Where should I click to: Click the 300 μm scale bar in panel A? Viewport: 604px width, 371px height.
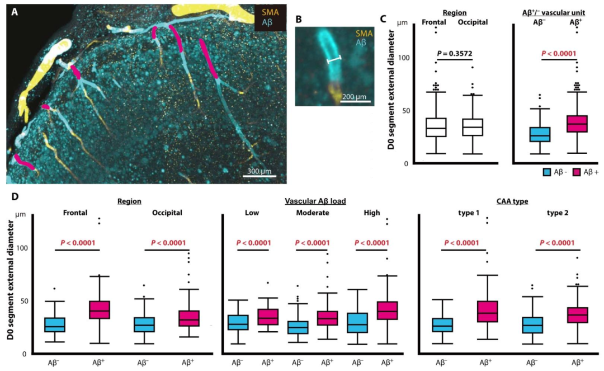click(259, 176)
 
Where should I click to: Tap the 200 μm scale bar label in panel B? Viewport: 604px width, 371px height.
click(354, 96)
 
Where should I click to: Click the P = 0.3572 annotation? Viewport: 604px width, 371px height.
click(455, 54)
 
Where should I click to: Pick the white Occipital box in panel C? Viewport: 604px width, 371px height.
click(473, 127)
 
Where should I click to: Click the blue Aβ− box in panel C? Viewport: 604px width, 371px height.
click(540, 134)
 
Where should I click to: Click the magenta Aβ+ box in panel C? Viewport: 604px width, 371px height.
click(577, 124)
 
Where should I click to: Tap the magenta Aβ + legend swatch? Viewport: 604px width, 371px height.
click(577, 172)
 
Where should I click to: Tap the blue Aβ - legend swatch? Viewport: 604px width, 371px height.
click(546, 172)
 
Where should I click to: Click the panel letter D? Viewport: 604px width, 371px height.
click(15, 197)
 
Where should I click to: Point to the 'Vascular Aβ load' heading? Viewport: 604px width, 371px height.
click(315, 201)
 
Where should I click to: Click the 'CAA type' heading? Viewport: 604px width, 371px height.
click(512, 201)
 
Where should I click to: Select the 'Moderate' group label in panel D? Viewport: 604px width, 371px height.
click(313, 213)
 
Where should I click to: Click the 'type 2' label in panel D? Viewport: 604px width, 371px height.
click(558, 213)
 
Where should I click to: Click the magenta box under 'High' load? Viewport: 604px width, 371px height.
click(388, 310)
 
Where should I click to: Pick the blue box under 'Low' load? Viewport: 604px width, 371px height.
click(238, 322)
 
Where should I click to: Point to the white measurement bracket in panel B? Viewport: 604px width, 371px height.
click(334, 59)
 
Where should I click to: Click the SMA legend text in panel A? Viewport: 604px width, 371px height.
click(270, 12)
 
